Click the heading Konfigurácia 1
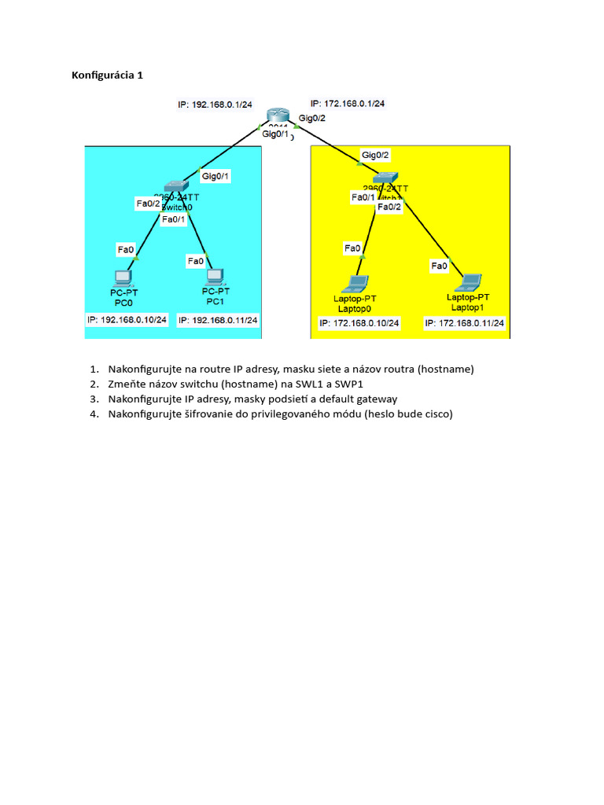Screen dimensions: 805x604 [107, 76]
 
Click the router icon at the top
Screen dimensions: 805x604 [278, 116]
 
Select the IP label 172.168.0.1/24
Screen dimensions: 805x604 [352, 103]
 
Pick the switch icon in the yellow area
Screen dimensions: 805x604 [386, 179]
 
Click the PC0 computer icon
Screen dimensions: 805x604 [123, 277]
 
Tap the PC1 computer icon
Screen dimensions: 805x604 [212, 276]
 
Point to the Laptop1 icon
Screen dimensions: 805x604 [470, 281]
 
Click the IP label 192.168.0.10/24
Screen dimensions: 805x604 [127, 320]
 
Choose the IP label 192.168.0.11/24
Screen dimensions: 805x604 [219, 320]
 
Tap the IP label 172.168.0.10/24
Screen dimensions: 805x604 [359, 323]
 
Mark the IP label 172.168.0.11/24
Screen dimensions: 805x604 [465, 323]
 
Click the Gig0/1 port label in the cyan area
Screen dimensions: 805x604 [215, 176]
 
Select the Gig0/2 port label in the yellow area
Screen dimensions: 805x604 [375, 155]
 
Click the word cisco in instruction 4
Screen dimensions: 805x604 [438, 414]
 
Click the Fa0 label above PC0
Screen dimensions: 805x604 [126, 249]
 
